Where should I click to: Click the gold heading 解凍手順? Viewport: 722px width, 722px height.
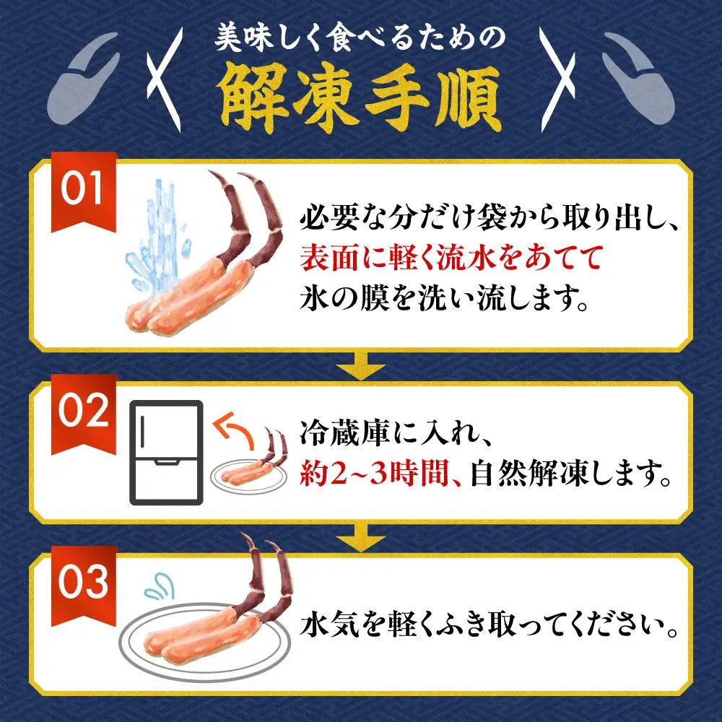[360, 97]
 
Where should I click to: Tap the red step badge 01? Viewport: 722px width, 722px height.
[83, 191]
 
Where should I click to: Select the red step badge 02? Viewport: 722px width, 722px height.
[83, 414]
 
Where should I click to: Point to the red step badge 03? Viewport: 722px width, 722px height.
[83, 586]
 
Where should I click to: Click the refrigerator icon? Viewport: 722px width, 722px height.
[166, 453]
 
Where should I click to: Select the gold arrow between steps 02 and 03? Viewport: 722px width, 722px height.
[360, 539]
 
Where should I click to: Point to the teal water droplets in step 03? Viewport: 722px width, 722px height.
[160, 586]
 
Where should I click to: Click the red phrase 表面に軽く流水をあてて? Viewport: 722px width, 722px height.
[452, 258]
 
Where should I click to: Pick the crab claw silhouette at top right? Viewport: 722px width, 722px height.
[638, 78]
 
